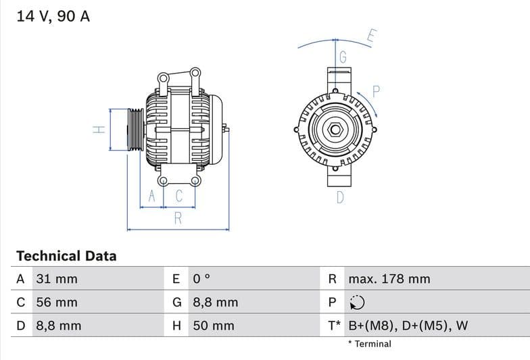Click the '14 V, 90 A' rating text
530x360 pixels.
(x=53, y=16)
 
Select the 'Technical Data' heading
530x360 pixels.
(x=66, y=256)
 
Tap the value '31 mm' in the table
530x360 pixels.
(x=56, y=279)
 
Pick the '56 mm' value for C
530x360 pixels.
(x=57, y=302)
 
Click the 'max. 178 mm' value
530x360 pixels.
(x=389, y=279)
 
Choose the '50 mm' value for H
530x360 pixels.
(x=214, y=326)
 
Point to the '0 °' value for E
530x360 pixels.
(x=201, y=279)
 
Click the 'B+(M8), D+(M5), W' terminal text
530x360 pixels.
(x=408, y=326)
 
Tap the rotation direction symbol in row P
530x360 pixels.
(x=356, y=303)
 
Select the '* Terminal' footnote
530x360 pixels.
(x=370, y=344)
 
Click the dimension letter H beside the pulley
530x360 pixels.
(x=98, y=129)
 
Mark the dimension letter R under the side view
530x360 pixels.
(x=178, y=218)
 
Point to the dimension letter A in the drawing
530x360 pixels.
(x=152, y=197)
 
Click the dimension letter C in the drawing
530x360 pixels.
(x=179, y=197)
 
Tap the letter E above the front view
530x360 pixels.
(x=371, y=36)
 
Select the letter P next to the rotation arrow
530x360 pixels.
(x=377, y=92)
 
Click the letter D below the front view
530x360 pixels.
(x=340, y=197)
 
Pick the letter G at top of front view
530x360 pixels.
(x=343, y=57)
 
